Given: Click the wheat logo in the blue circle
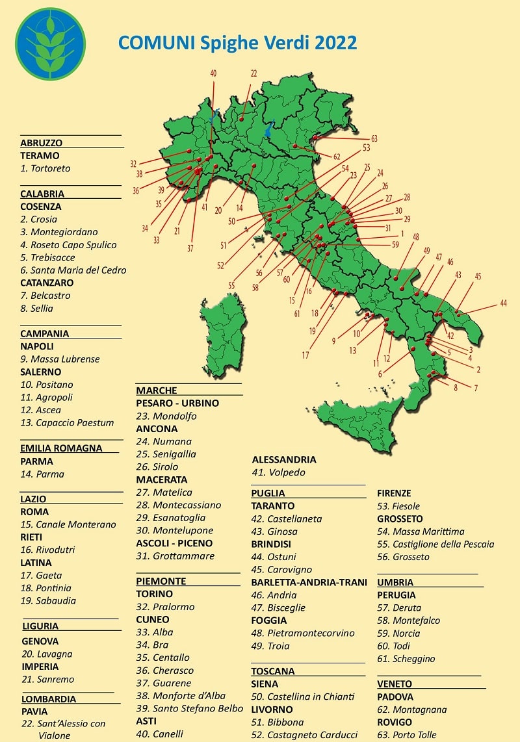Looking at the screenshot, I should [50, 44].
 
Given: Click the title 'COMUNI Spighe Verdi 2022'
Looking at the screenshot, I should [237, 43].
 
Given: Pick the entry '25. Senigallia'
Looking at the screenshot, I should [166, 454].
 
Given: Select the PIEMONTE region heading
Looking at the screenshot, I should [161, 581].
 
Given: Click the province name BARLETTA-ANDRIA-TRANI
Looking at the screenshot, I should [309, 582].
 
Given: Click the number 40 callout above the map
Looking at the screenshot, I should [213, 74].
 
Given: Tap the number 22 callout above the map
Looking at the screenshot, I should [253, 73].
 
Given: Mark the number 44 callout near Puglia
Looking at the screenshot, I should [503, 303].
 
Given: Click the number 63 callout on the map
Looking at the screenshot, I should [374, 139].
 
